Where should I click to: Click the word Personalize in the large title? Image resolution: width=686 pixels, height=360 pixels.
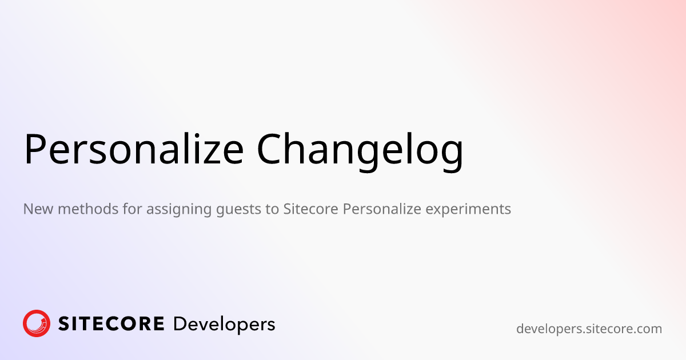134,149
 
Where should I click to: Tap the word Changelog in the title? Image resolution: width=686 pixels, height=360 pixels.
360,152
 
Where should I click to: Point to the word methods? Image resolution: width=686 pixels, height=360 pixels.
88,209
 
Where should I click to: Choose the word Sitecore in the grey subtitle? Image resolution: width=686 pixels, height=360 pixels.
310,209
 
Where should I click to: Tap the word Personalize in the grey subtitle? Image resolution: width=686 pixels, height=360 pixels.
382,209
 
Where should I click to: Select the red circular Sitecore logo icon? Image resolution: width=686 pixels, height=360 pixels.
37,323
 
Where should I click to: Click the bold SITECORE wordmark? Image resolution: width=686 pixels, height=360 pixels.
111,324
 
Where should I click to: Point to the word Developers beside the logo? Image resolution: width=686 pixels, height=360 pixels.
224,325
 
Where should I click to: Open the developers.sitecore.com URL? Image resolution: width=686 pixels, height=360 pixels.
589,329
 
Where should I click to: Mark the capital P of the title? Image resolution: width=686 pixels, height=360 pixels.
34,149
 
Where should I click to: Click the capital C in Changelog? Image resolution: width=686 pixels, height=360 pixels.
270,149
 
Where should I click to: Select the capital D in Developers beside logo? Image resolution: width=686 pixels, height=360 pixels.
181,324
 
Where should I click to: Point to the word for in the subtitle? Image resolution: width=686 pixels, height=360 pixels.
132,209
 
